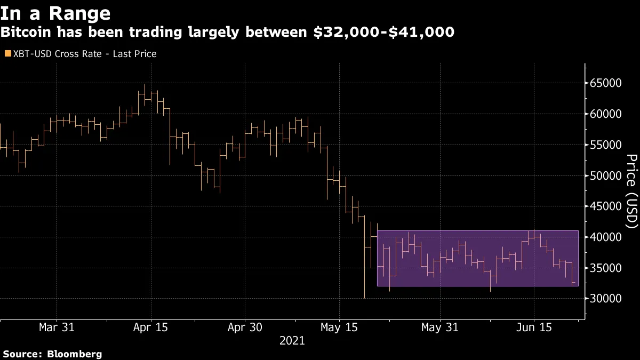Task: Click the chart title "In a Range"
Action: click(x=55, y=13)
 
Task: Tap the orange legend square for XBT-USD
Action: click(x=7, y=54)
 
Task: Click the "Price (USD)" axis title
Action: click(x=631, y=192)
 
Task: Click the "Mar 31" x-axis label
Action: click(x=57, y=327)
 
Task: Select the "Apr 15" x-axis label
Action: click(x=150, y=327)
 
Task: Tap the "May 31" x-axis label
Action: click(x=439, y=327)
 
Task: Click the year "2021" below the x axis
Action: click(x=292, y=340)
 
